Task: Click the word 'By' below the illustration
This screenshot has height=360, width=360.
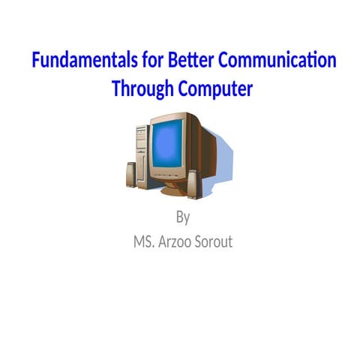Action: [x=182, y=218]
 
